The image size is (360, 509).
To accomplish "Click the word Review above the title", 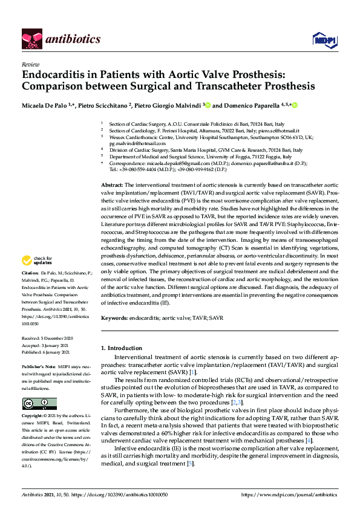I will pyautogui.click(x=30, y=63).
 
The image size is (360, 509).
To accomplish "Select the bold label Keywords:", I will pyautogui.click(x=114, y=317).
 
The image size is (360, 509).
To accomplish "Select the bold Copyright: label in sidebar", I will pyautogui.click(x=33, y=417).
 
